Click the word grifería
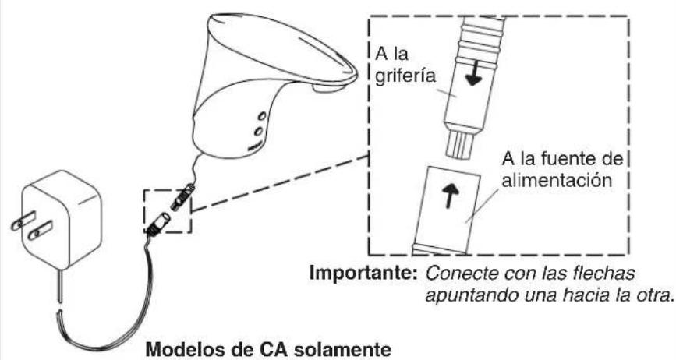(405, 76)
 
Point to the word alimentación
(557, 179)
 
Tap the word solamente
(342, 349)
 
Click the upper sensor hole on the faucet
(262, 116)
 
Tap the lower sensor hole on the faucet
(258, 131)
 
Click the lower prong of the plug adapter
(40, 231)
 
